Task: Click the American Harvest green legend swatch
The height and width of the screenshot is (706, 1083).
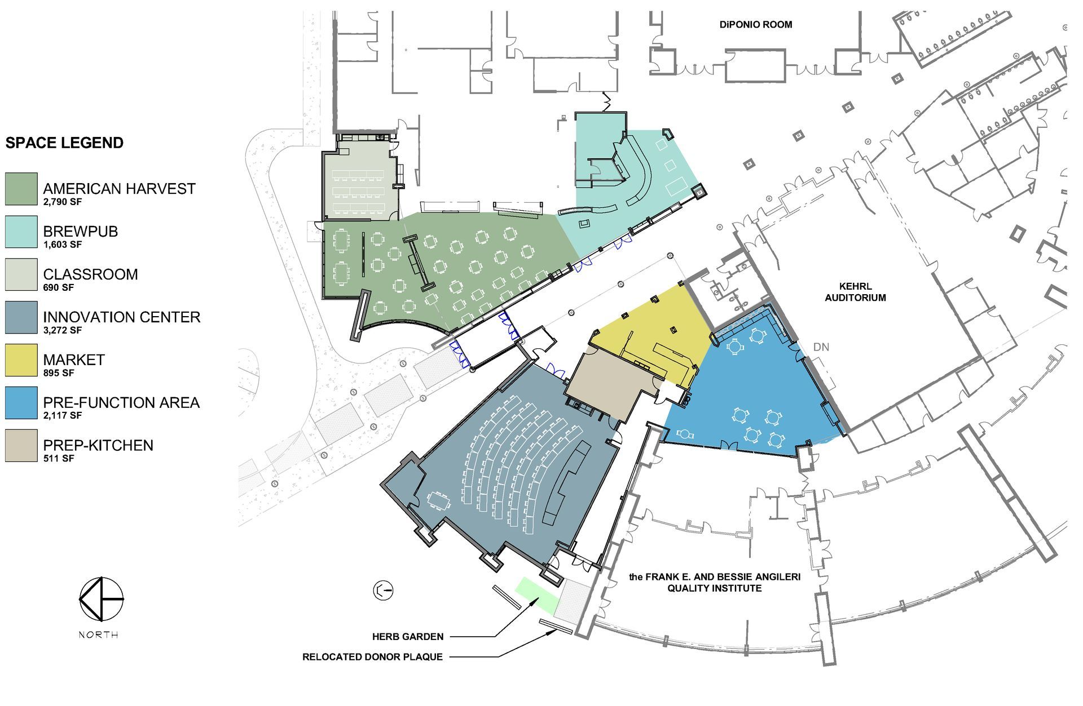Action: pos(21,189)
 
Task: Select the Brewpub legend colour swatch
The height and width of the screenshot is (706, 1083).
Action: pos(21,232)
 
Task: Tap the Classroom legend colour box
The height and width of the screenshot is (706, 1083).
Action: pos(21,274)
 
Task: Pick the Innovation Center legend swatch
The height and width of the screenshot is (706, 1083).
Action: pos(21,317)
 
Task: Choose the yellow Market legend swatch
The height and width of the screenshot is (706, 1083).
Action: pos(21,360)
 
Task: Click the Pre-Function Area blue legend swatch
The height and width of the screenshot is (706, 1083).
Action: pos(21,403)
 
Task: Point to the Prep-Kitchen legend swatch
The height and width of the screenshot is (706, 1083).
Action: pos(21,446)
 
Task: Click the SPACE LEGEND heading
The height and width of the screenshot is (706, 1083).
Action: pos(64,143)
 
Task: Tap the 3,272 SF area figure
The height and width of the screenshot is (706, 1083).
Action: pos(63,330)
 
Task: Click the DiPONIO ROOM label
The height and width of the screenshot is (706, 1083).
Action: pos(756,25)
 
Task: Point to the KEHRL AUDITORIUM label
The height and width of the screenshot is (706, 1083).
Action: pos(855,292)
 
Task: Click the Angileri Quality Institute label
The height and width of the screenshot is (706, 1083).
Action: pos(715,583)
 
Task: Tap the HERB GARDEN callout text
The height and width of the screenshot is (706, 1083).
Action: pos(408,637)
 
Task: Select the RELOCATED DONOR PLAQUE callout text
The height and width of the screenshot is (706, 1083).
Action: pos(372,657)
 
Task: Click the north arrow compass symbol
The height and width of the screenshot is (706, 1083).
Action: pos(101,599)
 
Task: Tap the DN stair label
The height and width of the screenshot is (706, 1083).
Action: pos(821,347)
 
